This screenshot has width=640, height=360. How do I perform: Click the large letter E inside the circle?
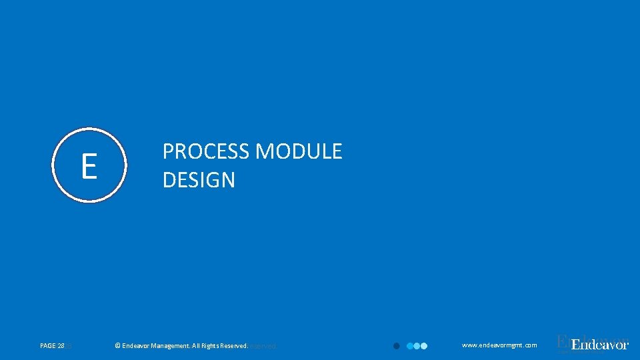point(89,166)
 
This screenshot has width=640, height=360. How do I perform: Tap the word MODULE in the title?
point(299,152)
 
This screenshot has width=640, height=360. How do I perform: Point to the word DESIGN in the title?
point(199,180)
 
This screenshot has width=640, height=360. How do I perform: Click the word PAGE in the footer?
point(48,346)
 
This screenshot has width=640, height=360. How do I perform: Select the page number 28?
point(61,346)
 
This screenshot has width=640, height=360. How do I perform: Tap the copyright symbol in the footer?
point(118,346)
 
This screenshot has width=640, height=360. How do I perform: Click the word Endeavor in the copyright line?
point(136,346)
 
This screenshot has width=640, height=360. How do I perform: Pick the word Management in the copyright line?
point(171,346)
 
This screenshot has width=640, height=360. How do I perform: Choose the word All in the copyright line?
point(197,346)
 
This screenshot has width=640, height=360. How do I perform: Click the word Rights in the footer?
point(212,346)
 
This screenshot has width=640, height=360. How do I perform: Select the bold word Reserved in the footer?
point(235,346)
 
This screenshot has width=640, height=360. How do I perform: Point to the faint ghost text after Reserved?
point(263,346)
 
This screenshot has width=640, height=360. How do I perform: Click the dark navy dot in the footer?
point(396,346)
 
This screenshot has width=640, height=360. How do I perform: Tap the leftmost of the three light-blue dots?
point(410,346)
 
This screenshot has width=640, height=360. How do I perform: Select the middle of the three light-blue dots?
point(417,346)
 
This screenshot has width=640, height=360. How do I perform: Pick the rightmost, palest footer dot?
point(423,346)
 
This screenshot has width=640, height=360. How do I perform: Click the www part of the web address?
point(469,345)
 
